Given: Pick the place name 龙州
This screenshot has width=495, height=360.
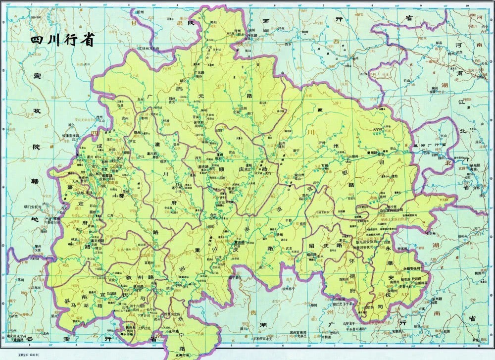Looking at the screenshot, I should tap(139, 99).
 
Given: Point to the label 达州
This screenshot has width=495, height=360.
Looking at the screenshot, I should tap(283, 143).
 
